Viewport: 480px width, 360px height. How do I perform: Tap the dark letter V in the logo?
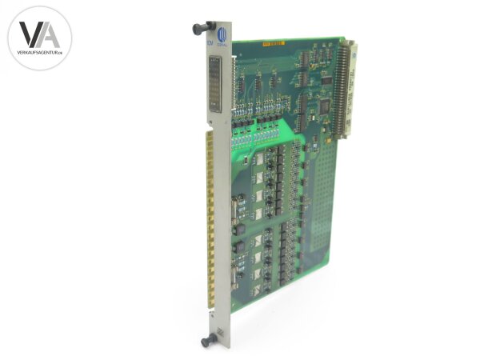coord(30,34)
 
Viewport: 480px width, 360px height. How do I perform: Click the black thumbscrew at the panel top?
coord(198,29)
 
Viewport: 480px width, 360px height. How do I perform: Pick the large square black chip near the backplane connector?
coord(324,105)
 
